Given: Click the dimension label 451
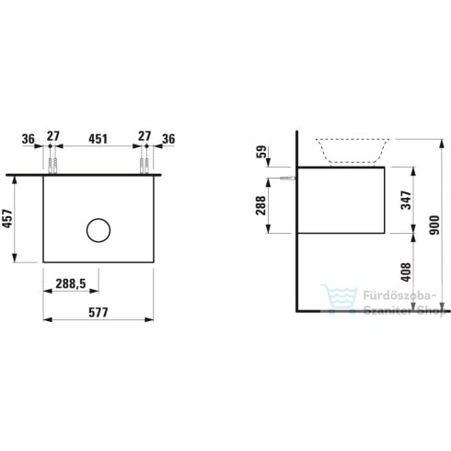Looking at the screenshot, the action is coord(98,139).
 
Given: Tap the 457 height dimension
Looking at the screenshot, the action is coord(7,218).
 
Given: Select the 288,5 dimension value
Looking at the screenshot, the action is coord(71,283).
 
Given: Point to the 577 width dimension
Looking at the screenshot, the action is coord(98,313).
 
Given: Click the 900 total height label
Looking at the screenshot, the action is coord(434,225).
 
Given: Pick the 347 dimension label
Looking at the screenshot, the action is coord(406,200).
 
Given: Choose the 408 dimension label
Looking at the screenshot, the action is coord(406,272).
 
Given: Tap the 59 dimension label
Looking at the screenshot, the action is coord(261,152).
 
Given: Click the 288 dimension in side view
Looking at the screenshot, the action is coord(261,205).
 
